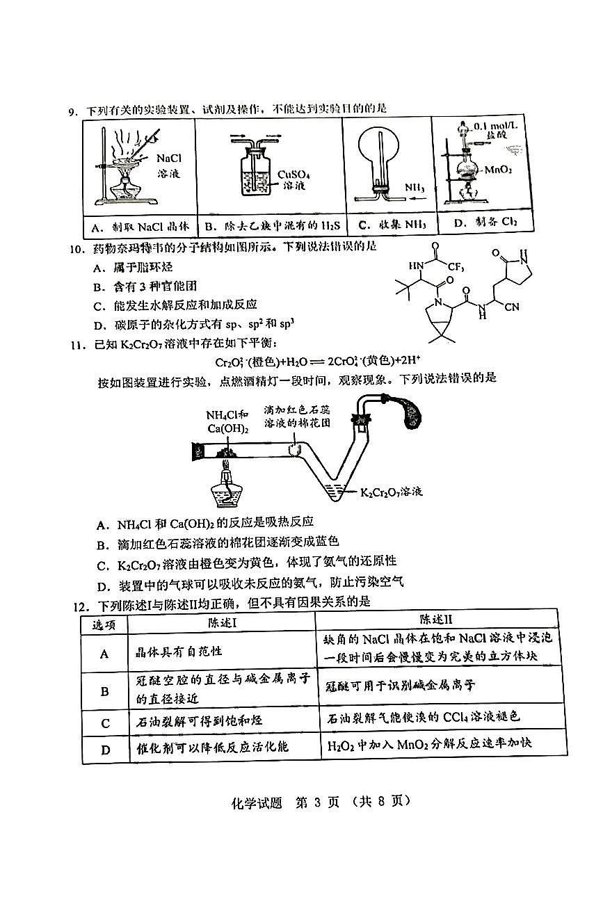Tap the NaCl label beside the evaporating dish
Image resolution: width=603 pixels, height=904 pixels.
click(x=169, y=159)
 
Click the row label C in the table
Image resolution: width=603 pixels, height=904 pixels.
click(x=106, y=723)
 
